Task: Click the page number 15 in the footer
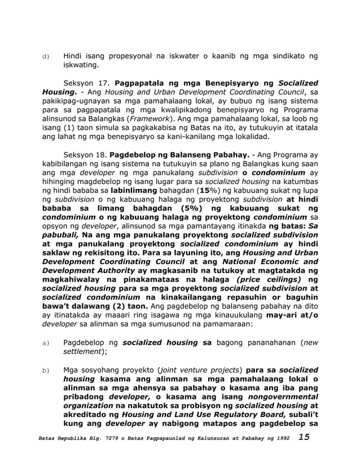click(x=304, y=437)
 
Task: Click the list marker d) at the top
click(x=46, y=56)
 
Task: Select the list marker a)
click(x=46, y=342)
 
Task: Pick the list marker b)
click(x=46, y=370)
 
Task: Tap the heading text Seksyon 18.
click(x=85, y=154)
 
